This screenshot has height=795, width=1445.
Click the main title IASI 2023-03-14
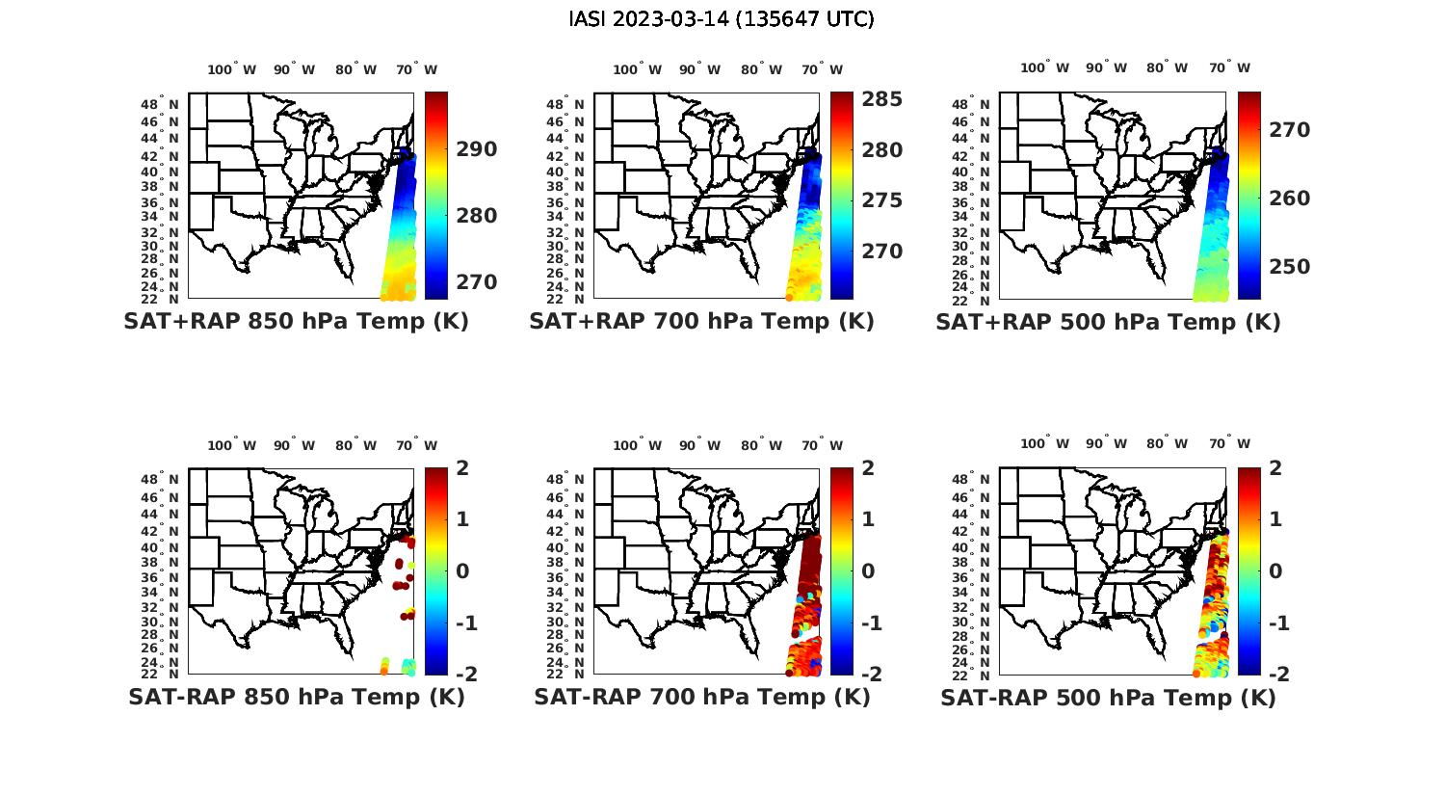coord(722,19)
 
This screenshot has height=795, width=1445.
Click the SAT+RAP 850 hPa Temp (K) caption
coord(296,321)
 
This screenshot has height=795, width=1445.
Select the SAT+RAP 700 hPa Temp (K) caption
coord(701,321)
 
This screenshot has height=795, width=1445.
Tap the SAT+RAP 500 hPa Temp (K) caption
coord(1108,322)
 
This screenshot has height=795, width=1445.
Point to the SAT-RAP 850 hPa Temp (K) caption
coord(296,697)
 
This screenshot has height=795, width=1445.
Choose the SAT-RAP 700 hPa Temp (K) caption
coord(701,697)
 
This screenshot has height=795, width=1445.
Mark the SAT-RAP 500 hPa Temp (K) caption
coord(1108,698)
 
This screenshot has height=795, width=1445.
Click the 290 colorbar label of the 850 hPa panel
coord(477,149)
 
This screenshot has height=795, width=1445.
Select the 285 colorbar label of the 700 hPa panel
coord(881,99)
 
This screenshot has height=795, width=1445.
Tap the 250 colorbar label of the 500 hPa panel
coord(1289,267)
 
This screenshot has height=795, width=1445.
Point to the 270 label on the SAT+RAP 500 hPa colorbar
coord(1289,130)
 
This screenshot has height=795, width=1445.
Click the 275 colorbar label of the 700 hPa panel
coord(881,200)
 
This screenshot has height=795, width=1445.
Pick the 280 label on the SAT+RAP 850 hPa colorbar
coord(477,216)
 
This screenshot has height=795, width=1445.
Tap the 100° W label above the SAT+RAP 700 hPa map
coord(637,69)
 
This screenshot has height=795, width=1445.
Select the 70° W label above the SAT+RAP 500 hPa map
coord(1229,67)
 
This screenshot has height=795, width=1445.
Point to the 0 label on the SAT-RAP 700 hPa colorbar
coord(868,570)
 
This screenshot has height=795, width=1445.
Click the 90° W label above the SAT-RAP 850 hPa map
coord(294,445)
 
